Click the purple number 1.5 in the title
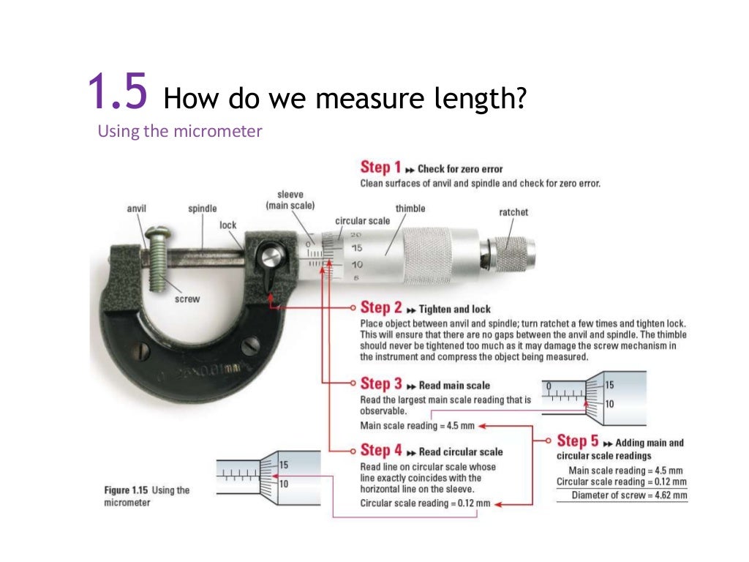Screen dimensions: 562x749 click(117, 92)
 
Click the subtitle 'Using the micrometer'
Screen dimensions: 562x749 click(180, 132)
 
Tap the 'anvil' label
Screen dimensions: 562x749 click(137, 209)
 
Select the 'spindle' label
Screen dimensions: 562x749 click(203, 209)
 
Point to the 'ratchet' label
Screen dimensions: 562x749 click(513, 212)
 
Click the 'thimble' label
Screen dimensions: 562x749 click(410, 209)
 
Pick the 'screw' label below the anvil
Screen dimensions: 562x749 click(187, 299)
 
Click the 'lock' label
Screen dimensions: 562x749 click(228, 225)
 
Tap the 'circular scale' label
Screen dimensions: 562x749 click(363, 220)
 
